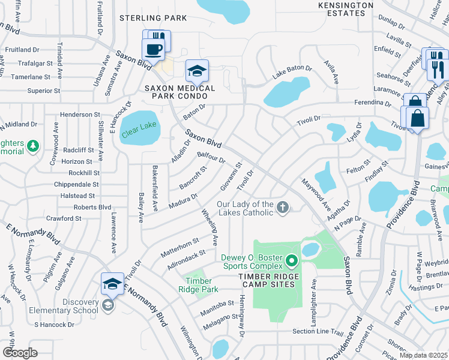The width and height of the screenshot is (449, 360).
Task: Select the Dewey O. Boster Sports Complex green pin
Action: coord(292,260)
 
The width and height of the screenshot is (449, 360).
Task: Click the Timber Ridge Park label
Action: coord(198,284)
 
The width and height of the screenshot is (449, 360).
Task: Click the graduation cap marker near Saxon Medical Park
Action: coord(197,71)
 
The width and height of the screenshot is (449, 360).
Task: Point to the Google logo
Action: coord(20,353)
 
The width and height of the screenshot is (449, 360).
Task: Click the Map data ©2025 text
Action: coord(424,355)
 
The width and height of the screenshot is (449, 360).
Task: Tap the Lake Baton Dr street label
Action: coord(292,72)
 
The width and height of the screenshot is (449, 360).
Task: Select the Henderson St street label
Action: coord(80,114)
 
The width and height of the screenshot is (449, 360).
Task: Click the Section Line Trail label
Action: coord(318,332)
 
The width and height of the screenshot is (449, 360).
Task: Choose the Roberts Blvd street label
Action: coord(92,207)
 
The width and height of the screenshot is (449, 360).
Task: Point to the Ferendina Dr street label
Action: coord(377,103)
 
